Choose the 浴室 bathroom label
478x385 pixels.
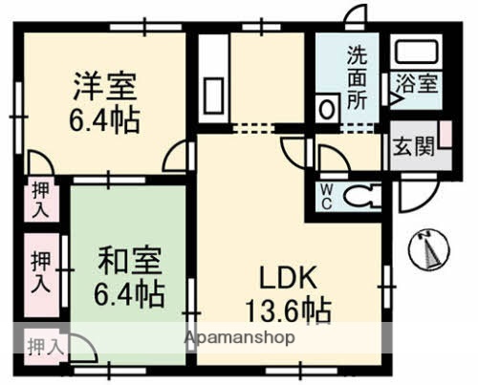point(414,84)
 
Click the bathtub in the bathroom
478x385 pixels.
point(415,53)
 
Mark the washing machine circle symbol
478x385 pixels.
point(328,108)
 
